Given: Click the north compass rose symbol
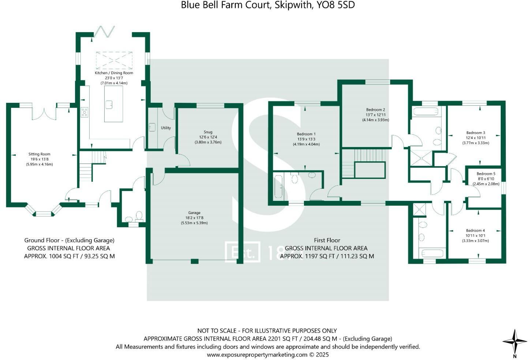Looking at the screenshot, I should pyautogui.click(x=514, y=342).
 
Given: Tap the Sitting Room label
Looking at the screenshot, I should pyautogui.click(x=40, y=154).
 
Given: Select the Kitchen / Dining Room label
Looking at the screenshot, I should pyautogui.click(x=114, y=73).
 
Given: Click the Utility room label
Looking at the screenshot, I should pyautogui.click(x=166, y=128).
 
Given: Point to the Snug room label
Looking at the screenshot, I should pyautogui.click(x=208, y=132).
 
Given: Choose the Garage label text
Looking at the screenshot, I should pyautogui.click(x=194, y=213).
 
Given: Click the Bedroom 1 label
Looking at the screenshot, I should pyautogui.click(x=306, y=134).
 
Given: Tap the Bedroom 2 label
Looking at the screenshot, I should pyautogui.click(x=376, y=110).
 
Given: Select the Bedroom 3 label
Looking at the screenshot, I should pyautogui.click(x=476, y=133).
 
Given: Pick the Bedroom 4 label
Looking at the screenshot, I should pyautogui.click(x=475, y=230).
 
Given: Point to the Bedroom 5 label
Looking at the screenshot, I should pyautogui.click(x=486, y=174).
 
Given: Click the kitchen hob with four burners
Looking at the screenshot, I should pyautogui.click(x=84, y=112).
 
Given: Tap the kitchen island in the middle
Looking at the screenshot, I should pyautogui.click(x=113, y=104).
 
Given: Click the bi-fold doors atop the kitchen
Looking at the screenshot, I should pyautogui.click(x=105, y=32).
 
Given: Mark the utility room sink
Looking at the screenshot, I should pyautogui.click(x=152, y=127).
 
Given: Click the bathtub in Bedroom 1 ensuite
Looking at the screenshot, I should pyautogui.click(x=279, y=187).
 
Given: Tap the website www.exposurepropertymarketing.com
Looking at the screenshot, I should pyautogui.click(x=257, y=355).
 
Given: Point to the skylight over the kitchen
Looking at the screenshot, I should pyautogui.click(x=114, y=60).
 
